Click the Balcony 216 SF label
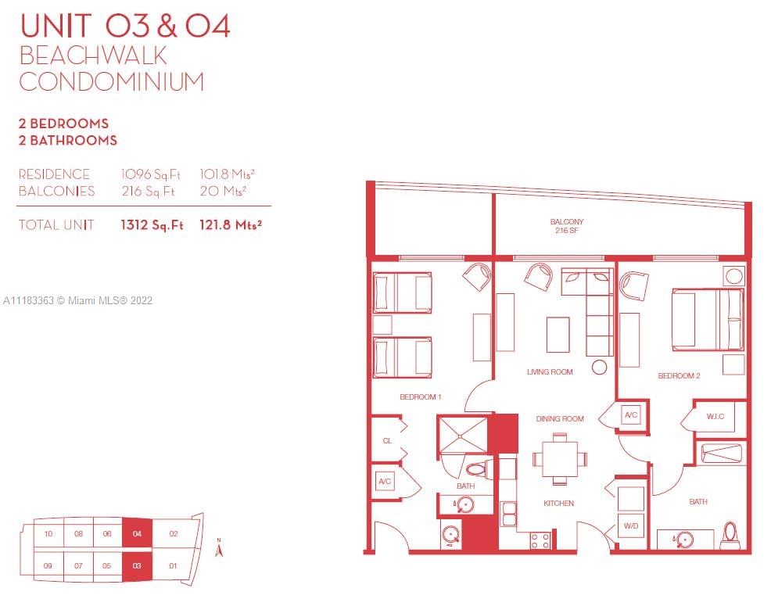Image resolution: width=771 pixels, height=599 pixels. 566,226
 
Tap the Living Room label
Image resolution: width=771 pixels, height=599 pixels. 550,371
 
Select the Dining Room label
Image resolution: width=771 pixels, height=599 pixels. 560,419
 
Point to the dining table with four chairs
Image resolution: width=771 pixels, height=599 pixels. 560,459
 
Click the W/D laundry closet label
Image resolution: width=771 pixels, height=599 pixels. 631,525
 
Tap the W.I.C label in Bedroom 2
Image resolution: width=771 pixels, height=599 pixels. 715,416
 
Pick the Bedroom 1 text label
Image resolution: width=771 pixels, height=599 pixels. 421,397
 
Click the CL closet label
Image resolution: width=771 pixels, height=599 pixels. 388,440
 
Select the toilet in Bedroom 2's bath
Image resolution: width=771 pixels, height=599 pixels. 730,535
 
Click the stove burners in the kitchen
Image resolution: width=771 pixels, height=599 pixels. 540,540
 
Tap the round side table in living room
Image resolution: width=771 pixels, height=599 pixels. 600,368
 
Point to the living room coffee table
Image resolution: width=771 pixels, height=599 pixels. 558,335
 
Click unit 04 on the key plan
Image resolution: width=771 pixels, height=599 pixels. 137,533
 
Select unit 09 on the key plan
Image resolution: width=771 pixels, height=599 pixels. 48,565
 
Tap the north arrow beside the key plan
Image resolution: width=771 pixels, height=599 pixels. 219,547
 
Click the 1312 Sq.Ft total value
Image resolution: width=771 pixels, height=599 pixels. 152,225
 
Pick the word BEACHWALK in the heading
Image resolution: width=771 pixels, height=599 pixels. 93,56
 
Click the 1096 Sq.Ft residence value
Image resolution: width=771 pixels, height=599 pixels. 151,174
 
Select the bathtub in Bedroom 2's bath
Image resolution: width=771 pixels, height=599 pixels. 721,454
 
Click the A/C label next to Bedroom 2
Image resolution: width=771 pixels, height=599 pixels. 631,415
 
